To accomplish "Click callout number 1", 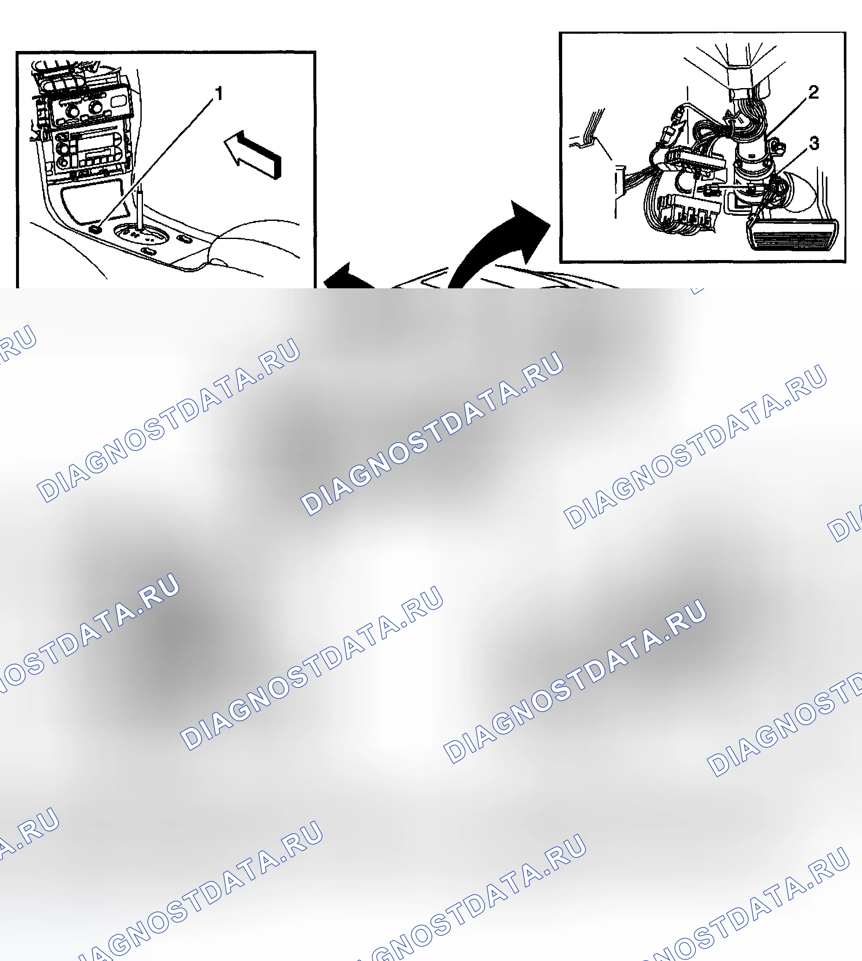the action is click(219, 94).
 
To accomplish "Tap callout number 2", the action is click(814, 92).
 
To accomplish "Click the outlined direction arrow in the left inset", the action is click(253, 154).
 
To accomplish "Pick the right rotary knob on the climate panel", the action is click(95, 107).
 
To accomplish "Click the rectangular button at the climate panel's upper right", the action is click(119, 101).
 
